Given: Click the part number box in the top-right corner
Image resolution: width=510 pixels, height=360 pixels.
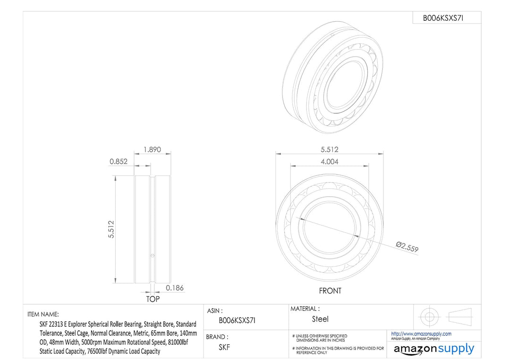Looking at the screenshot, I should point(446,18).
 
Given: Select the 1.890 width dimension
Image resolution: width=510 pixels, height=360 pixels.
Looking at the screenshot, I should point(152,150).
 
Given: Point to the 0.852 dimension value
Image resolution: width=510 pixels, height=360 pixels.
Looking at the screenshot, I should point(119,161).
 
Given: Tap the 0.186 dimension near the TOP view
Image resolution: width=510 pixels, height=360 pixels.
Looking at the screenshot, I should point(175,288).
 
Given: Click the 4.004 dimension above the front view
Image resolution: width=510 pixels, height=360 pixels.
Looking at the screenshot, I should point(329,161).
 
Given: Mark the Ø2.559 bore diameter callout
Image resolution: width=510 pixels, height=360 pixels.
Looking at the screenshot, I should point(407,247).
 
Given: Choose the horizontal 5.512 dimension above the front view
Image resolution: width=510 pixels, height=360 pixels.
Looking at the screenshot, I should point(329,150).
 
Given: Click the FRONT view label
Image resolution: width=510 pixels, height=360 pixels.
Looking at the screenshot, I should point(330,291).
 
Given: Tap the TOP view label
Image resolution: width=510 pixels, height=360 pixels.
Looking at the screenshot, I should point(153,299).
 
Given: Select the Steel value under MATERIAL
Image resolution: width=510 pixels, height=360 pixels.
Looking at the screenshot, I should point(320,319).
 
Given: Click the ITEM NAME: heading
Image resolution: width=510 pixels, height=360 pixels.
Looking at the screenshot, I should point(43,314).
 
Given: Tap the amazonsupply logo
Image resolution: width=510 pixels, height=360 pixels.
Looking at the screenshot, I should point(433,349).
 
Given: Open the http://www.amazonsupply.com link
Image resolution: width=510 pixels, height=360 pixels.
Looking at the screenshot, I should point(421,334).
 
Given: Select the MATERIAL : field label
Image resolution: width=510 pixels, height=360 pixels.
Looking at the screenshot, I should point(305,309).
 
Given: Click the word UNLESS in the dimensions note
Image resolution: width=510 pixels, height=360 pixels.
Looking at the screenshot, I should point(305,335).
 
